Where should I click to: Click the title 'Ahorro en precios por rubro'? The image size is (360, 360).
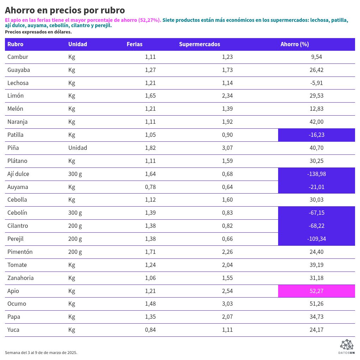pyautogui.click(x=65, y=10)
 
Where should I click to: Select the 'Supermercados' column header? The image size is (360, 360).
pyautogui.click(x=199, y=44)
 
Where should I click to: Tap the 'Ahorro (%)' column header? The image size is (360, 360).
pyautogui.click(x=295, y=44)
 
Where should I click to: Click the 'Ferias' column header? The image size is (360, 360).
pyautogui.click(x=134, y=44)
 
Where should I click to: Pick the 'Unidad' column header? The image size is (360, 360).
pyautogui.click(x=78, y=44)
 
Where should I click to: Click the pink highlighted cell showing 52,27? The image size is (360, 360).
pyautogui.click(x=316, y=291)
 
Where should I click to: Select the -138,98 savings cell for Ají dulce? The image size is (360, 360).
pyautogui.click(x=316, y=174)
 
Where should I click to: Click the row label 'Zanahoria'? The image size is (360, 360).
pyautogui.click(x=20, y=278)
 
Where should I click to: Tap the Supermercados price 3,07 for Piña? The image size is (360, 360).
pyautogui.click(x=227, y=148)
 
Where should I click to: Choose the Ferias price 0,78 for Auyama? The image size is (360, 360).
pyautogui.click(x=150, y=187)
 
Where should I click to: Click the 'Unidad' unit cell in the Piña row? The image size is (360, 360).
pyautogui.click(x=78, y=148)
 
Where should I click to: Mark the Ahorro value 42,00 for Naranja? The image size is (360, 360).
pyautogui.click(x=316, y=122)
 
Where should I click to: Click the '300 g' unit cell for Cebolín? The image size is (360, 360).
pyautogui.click(x=75, y=213)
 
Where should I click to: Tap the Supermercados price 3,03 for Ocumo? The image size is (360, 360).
pyautogui.click(x=227, y=304)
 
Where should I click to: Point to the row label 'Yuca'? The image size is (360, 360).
pyautogui.click(x=13, y=330)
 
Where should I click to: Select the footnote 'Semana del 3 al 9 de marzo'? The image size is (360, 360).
pyautogui.click(x=41, y=353)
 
